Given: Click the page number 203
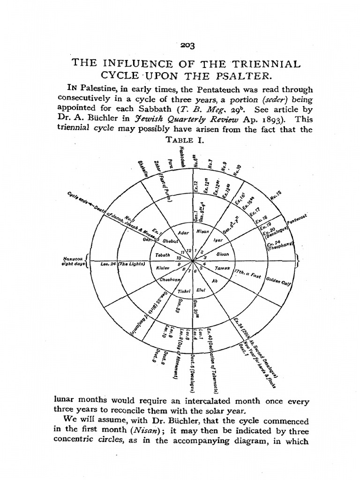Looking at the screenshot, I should coord(189,45).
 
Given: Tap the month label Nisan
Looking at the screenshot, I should coord(202,232).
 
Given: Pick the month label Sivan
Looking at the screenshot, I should coord(222,254).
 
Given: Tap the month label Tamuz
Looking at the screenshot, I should coord(221,269).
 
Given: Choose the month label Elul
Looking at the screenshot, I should coord(202,289).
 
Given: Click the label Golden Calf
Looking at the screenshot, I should coord(278,281).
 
